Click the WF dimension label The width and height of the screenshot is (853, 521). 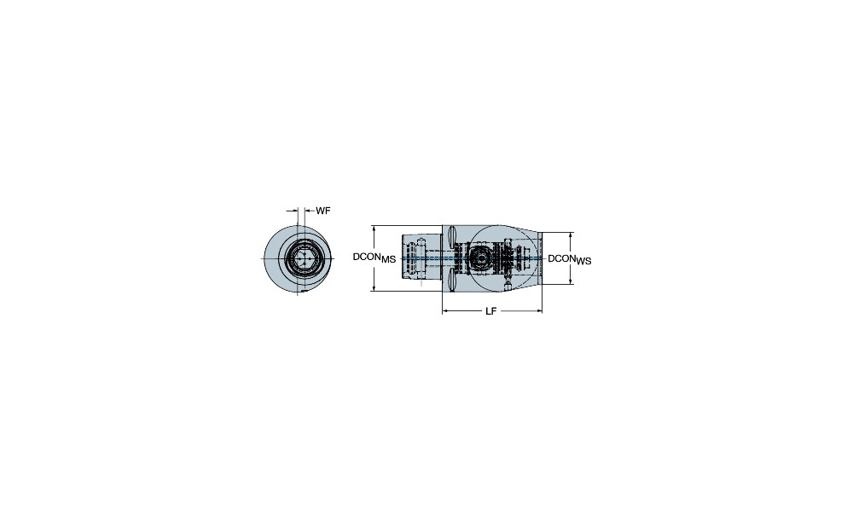pos(323,211)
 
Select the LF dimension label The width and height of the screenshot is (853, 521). pos(490,311)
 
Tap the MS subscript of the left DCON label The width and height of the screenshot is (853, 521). pos(388,260)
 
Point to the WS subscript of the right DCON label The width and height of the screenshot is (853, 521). pos(583,262)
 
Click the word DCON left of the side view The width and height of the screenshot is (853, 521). pos(367,257)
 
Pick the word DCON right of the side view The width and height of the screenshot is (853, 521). pos(562,258)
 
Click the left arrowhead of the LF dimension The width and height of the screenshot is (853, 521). pos(445,311)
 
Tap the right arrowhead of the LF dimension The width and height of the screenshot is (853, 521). pos(539,311)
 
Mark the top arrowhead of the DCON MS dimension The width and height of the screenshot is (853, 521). pos(374,229)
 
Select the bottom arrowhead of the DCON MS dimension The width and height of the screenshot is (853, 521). pos(374,287)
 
